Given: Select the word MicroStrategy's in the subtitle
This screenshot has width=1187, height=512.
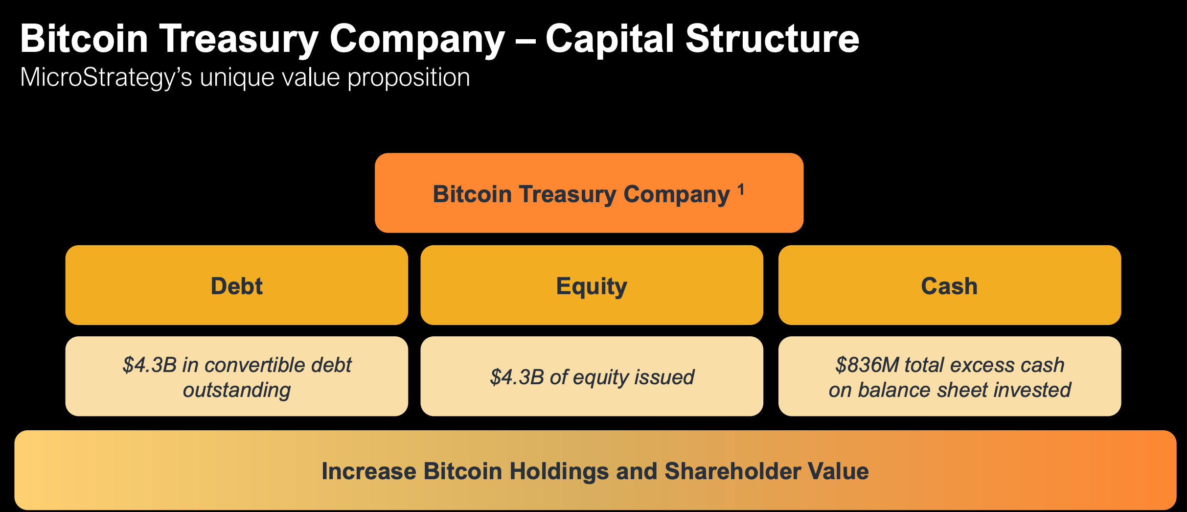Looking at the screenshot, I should tap(106, 78).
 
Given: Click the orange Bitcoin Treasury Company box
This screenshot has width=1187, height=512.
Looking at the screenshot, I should tap(589, 215).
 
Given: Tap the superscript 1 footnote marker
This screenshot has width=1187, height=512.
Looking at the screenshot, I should tap(741, 189).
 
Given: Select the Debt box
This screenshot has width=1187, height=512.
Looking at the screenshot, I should tap(236, 285).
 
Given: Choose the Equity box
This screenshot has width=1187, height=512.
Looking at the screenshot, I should tap(592, 285).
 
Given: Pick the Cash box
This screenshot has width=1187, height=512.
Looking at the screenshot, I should tap(949, 285).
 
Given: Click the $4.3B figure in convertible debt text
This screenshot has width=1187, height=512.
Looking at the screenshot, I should tap(149, 365).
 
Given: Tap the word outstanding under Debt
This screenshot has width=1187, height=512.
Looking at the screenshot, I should tap(237, 391).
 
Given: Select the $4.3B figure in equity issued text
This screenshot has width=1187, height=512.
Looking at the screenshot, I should tap(517, 377).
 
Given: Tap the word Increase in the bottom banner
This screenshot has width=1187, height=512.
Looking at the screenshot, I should tap(369, 471).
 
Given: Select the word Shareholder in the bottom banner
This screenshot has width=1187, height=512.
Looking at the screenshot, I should tap(732, 471).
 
